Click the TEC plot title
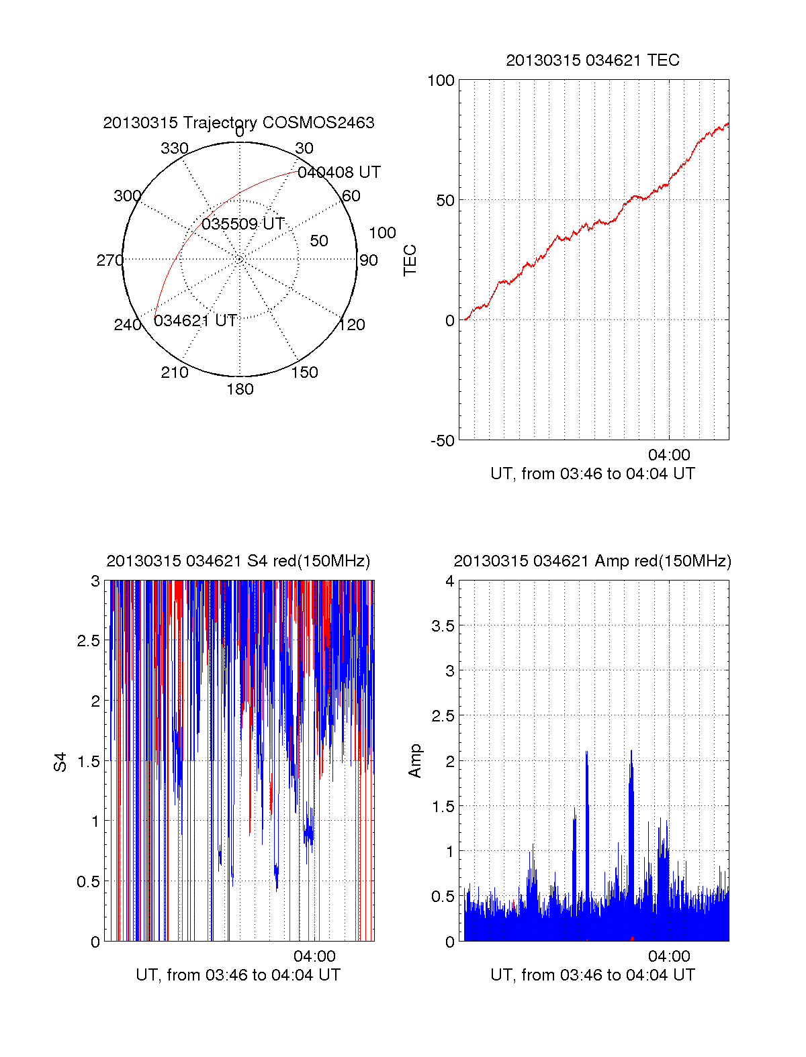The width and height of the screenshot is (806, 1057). coord(592,60)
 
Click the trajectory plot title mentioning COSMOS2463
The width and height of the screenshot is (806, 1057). coord(238,123)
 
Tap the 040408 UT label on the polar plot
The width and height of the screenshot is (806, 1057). coord(339,172)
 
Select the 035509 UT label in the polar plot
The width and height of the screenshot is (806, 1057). coord(243,224)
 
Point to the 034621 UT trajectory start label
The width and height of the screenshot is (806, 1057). coord(195,321)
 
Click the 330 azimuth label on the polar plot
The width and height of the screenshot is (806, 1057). coord(174,148)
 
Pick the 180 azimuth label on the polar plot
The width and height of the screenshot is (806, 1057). coord(240,389)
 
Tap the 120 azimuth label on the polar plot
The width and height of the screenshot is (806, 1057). coord(352,325)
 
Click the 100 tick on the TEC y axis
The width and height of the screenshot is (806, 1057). coord(441,81)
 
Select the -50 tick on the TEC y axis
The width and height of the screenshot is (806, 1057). coord(443,441)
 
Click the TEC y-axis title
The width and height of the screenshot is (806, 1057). coord(410,260)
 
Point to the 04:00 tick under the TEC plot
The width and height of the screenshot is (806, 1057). coord(669,455)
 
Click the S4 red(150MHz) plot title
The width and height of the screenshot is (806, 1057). coord(238,561)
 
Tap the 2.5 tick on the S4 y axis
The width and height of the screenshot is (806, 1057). coord(89,641)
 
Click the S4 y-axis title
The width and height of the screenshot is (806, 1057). coord(61,762)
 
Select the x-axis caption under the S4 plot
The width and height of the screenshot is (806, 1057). coord(238,975)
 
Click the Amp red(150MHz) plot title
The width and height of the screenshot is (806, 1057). coord(592,561)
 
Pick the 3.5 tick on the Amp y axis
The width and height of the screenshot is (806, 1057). coord(443,626)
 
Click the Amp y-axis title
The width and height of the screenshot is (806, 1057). coord(415,761)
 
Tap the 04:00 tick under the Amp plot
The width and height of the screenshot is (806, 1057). coord(669,956)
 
